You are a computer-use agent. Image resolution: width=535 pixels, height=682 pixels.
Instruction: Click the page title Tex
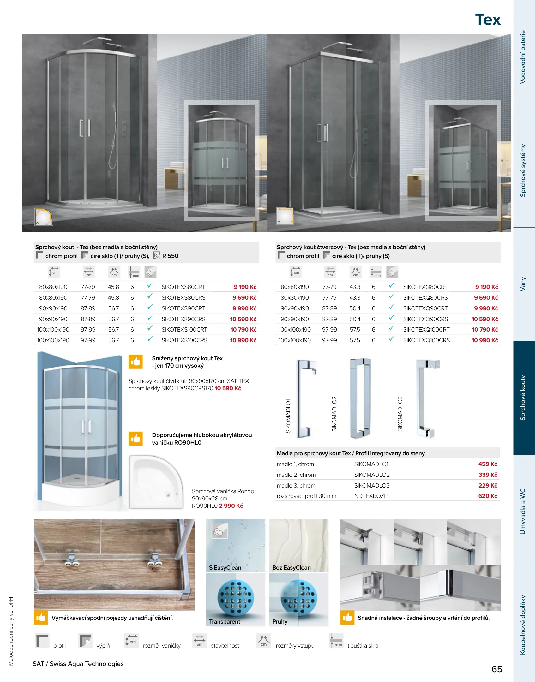point(488,20)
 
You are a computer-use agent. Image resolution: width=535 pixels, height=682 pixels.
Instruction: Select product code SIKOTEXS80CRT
point(183,287)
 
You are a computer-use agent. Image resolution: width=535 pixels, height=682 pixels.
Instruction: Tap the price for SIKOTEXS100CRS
point(243,340)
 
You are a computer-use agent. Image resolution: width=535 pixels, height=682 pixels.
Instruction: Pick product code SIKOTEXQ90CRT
point(425,308)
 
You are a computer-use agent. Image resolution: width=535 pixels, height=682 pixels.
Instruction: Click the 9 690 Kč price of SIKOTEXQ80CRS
point(485,298)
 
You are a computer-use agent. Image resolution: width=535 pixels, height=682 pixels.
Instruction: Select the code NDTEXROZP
point(370,496)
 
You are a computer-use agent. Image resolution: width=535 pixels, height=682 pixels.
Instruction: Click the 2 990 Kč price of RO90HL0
point(231,506)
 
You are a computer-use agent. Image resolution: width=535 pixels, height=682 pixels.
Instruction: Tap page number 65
point(496,669)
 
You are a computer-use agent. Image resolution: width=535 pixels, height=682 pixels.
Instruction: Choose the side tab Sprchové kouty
point(523,398)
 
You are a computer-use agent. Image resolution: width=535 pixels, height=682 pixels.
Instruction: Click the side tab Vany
point(523,284)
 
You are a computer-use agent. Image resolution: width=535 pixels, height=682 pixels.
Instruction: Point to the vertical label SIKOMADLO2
point(334,414)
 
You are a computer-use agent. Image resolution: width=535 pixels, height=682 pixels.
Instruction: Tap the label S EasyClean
point(225,568)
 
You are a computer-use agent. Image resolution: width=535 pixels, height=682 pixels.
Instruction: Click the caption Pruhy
point(280,622)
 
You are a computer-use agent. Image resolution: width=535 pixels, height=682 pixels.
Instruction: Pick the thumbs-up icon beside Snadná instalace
point(347,618)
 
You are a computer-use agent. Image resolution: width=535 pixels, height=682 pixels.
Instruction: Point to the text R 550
point(170,256)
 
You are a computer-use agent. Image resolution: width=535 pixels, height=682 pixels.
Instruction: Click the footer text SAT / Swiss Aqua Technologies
point(78,664)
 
